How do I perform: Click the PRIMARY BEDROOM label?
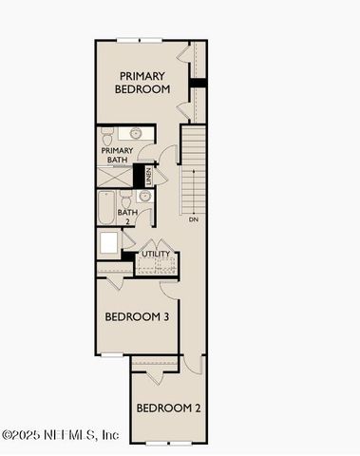tap(142, 82)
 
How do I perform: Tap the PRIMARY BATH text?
tap(115, 154)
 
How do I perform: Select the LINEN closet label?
tap(148, 176)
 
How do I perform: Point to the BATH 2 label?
tap(125, 218)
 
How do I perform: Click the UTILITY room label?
tap(155, 254)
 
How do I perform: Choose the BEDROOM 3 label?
tap(136, 316)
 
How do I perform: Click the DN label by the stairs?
tap(194, 219)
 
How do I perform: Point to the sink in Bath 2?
tap(144, 197)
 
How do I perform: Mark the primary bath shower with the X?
tap(113, 175)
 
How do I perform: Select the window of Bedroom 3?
tap(112, 355)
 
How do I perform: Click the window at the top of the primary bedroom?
tap(140, 39)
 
